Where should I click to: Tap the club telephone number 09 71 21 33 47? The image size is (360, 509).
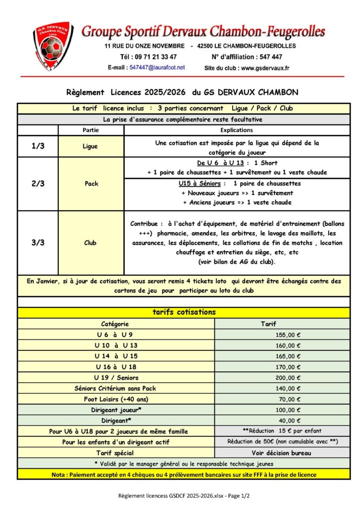click(156, 57)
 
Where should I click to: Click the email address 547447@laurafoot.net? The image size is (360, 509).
click(157, 67)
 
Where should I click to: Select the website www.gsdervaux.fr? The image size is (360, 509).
click(265, 68)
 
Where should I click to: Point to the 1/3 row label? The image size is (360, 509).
click(38, 147)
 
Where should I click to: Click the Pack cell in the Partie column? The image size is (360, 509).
click(91, 183)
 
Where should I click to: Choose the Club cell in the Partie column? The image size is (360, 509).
click(91, 243)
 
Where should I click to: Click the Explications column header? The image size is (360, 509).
click(236, 130)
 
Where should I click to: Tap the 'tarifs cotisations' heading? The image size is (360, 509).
click(183, 312)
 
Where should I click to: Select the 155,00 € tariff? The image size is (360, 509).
click(289, 335)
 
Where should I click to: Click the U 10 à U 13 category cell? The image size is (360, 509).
click(116, 345)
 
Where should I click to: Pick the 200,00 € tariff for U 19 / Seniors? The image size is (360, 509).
click(289, 378)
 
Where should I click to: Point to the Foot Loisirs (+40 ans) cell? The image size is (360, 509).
click(116, 399)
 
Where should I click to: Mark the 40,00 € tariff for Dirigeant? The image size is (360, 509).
click(289, 421)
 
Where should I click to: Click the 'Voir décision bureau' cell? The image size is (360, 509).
click(281, 453)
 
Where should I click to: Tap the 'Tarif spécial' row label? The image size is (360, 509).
click(116, 453)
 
